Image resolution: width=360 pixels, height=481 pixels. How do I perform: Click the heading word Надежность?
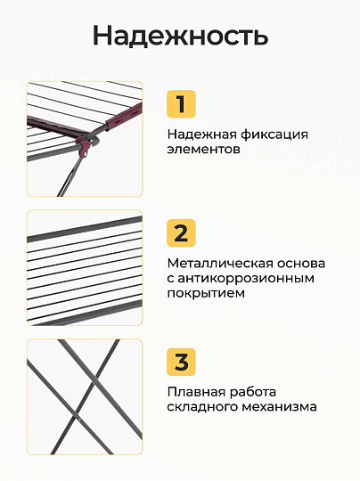click(x=181, y=36)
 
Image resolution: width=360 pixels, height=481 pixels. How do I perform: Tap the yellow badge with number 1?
click(x=181, y=104)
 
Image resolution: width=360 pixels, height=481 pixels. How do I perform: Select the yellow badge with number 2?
click(x=181, y=232)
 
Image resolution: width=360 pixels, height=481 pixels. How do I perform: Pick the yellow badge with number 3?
click(x=181, y=362)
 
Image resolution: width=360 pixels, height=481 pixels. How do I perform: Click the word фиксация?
click(x=274, y=135)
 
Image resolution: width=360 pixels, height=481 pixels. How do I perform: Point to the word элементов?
click(x=203, y=150)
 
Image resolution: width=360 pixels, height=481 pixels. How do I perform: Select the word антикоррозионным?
click(x=246, y=279)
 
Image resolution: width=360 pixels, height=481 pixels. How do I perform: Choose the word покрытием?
click(x=206, y=294)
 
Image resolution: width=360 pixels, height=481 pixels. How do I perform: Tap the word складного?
click(x=202, y=407)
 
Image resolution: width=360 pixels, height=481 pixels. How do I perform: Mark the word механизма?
click(x=279, y=407)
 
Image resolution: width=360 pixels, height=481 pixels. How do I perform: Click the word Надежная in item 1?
click(x=201, y=135)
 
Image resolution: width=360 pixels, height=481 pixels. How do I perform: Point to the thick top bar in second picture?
click(x=85, y=229)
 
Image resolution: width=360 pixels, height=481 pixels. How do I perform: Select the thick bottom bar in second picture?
click(x=85, y=312)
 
